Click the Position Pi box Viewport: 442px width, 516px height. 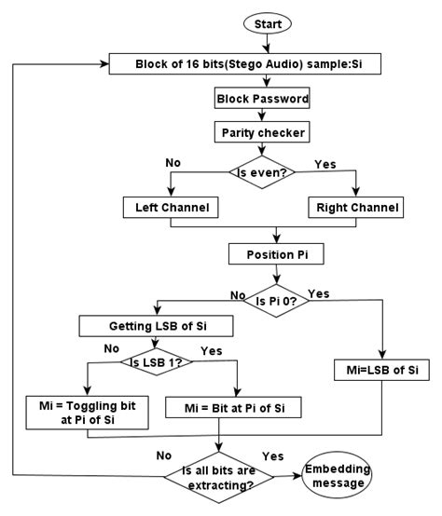point(275,253)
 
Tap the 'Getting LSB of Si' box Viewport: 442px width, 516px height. point(155,326)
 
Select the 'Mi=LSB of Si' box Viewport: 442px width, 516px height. point(382,371)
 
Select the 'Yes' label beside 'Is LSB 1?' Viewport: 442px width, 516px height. point(212,351)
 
